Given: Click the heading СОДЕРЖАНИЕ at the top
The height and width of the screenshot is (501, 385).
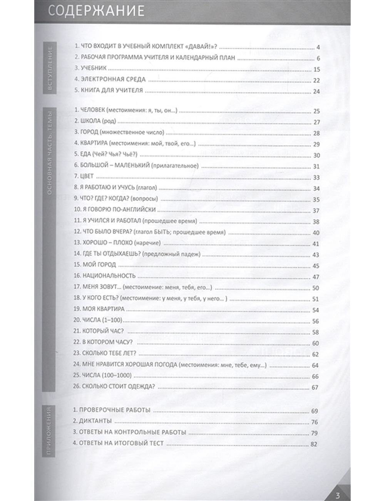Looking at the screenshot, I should pos(97,11).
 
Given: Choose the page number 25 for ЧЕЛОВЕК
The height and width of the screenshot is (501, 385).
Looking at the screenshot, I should pos(317,111).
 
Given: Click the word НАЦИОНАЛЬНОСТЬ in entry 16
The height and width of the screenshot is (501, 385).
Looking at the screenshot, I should pos(109,276).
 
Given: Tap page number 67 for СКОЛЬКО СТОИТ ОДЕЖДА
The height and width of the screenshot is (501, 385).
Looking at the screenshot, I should pos(315,387).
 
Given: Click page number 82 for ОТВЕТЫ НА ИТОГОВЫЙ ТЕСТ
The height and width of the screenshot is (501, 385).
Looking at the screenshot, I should pos(314,444).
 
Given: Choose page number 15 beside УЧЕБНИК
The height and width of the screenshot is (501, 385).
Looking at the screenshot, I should pos(317,69).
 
